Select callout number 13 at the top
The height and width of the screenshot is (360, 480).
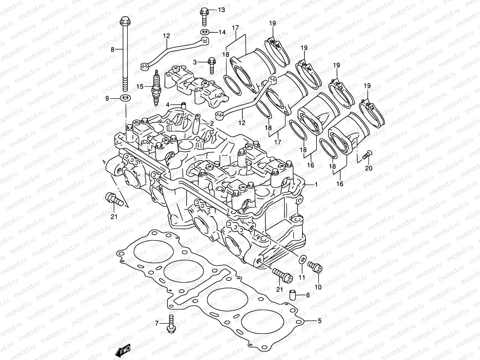(x=221, y=10)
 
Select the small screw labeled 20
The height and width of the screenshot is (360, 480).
(x=367, y=156)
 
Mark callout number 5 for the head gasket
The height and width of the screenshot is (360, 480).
(x=319, y=321)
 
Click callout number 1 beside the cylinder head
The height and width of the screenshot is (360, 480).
(x=316, y=185)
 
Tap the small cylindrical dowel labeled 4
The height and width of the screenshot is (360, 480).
(x=184, y=106)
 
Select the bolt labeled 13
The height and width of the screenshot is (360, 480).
(x=205, y=16)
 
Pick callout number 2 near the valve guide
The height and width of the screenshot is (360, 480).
(x=212, y=124)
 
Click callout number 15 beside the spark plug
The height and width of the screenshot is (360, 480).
(x=140, y=87)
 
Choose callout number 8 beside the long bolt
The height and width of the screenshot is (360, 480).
(x=112, y=49)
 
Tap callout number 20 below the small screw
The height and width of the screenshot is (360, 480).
(x=369, y=168)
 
